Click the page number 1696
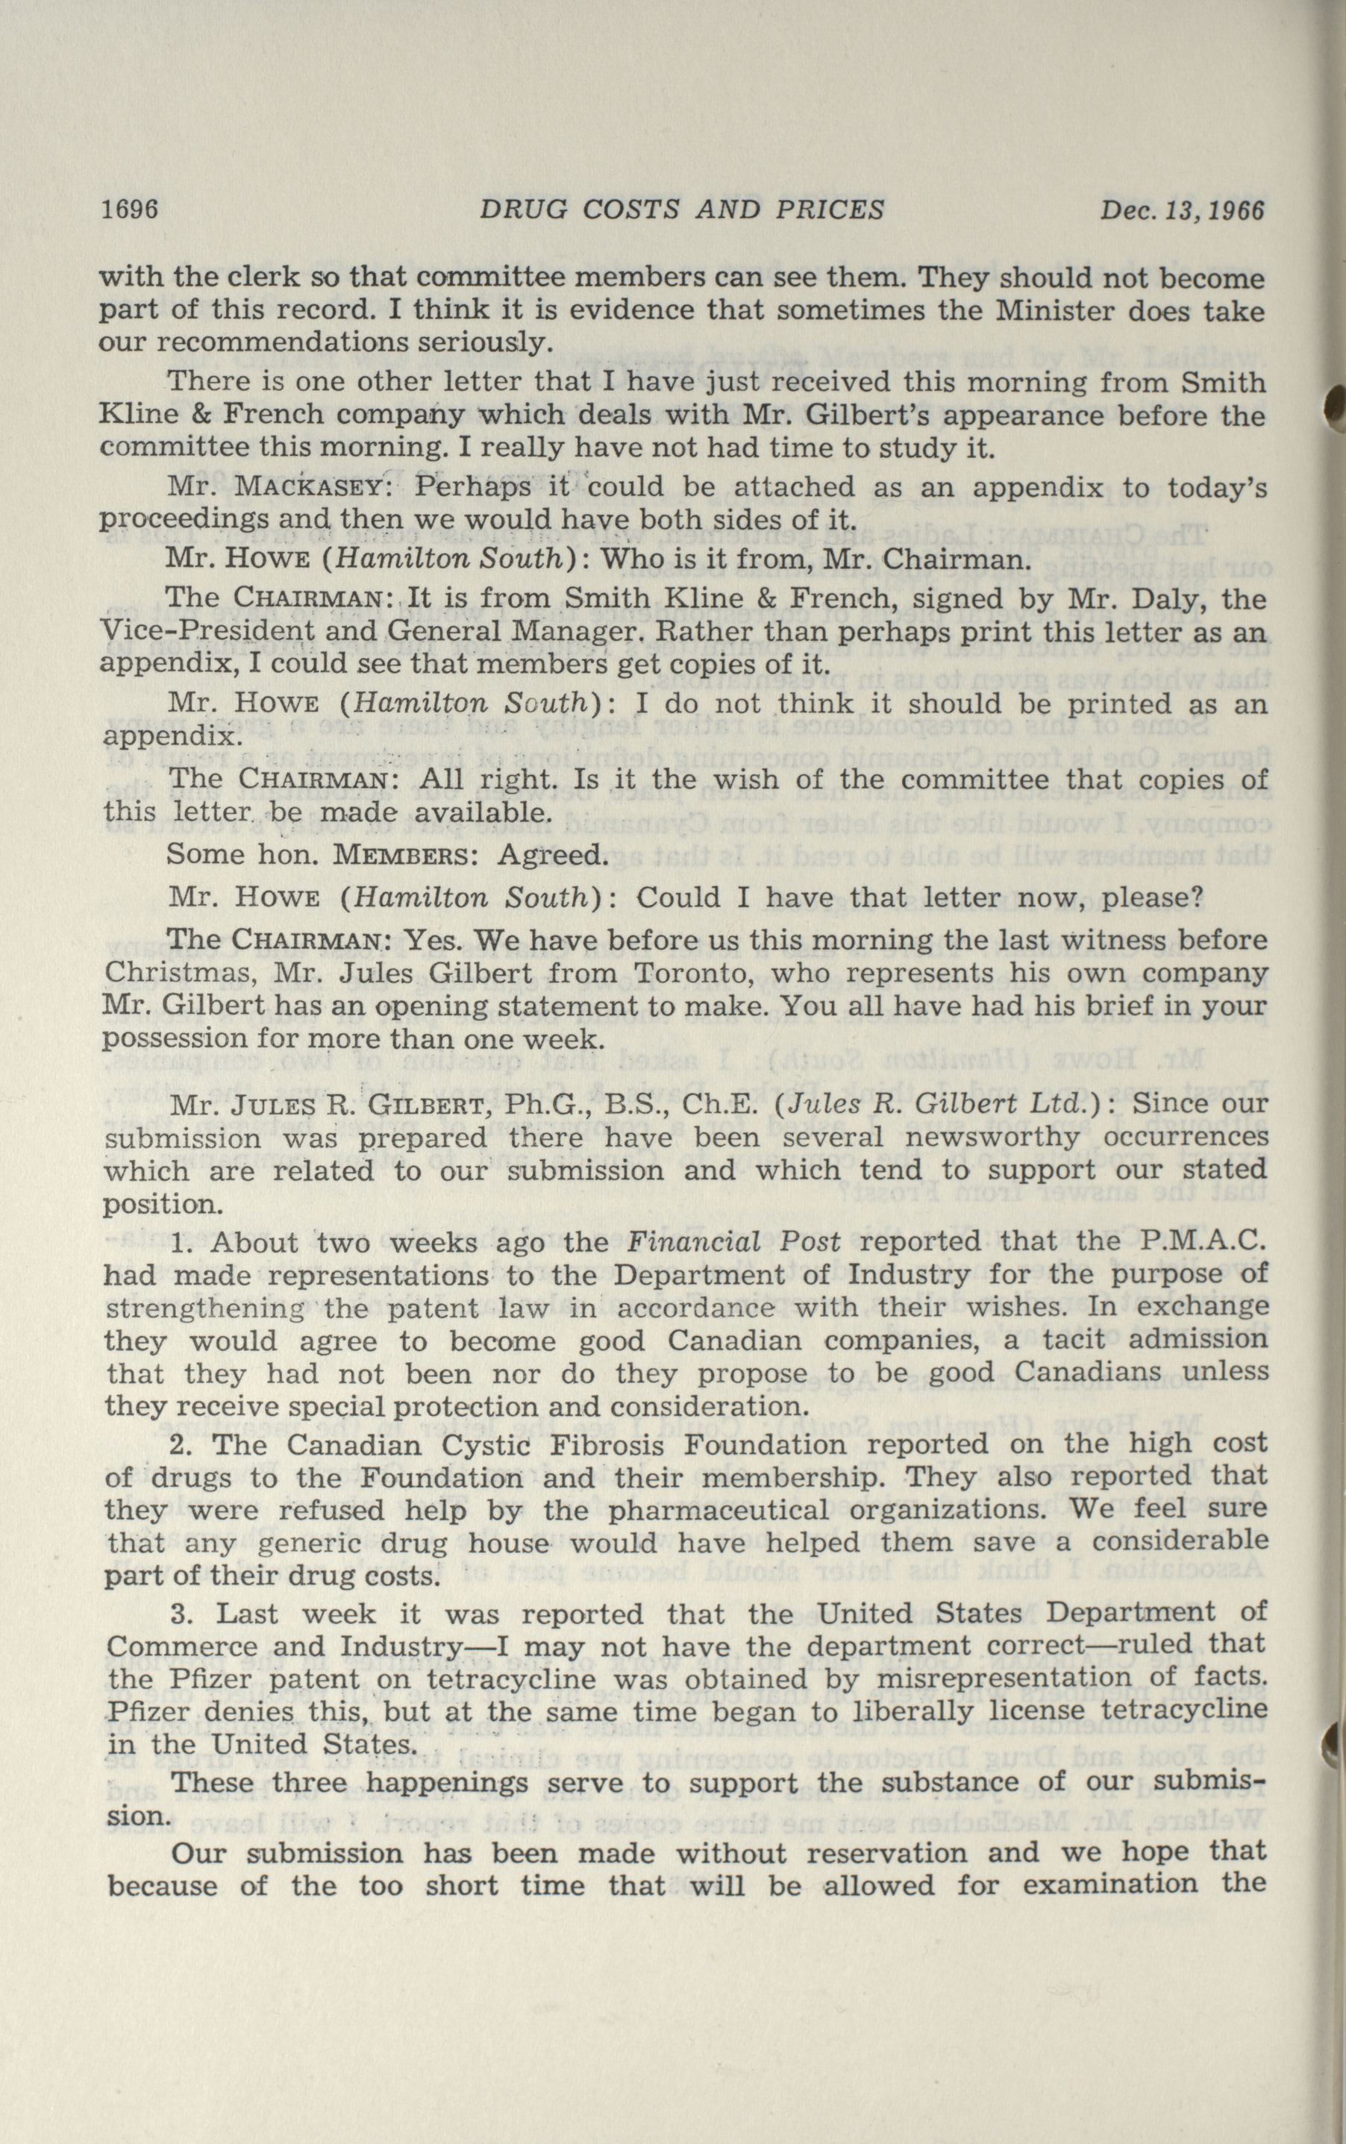[130, 210]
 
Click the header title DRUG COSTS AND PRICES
[681, 210]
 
